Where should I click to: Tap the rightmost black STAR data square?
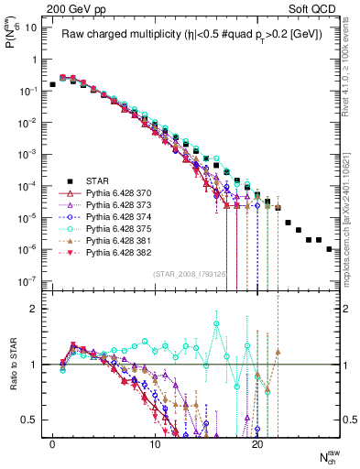[329, 248]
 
